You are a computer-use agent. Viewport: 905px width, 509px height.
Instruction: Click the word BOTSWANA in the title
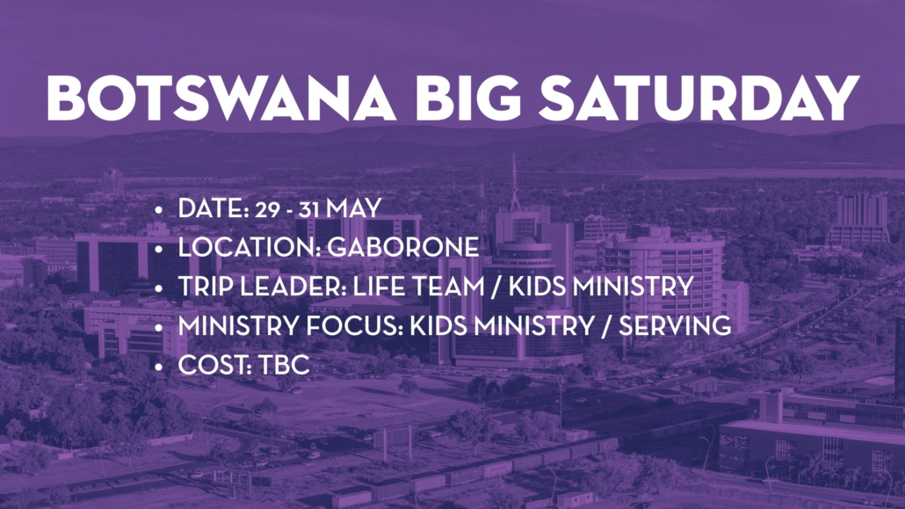tap(221, 98)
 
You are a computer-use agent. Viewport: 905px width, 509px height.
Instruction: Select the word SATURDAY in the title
tap(699, 98)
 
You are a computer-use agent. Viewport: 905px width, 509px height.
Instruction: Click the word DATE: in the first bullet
tap(214, 208)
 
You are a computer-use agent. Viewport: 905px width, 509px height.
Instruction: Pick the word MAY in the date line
tap(354, 208)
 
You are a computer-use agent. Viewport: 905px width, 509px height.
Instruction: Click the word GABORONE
tap(403, 247)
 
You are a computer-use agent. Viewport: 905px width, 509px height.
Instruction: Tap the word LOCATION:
tap(250, 247)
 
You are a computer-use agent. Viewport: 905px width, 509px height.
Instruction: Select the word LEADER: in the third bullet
tap(293, 286)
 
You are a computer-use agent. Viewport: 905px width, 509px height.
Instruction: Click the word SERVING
tap(675, 325)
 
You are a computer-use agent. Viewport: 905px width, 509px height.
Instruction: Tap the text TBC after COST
tap(284, 365)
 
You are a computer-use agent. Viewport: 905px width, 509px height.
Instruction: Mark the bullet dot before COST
tap(159, 367)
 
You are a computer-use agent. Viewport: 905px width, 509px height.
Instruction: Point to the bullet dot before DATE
tap(159, 210)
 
